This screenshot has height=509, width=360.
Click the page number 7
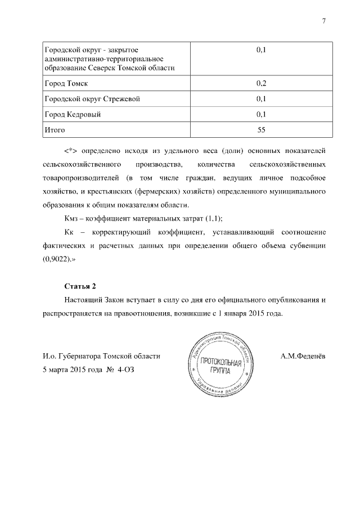point(323,21)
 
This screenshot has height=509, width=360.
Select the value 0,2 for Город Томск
point(260,84)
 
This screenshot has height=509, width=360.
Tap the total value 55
point(260,130)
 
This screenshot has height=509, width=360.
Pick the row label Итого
point(55,130)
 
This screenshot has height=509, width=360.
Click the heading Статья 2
point(80,286)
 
